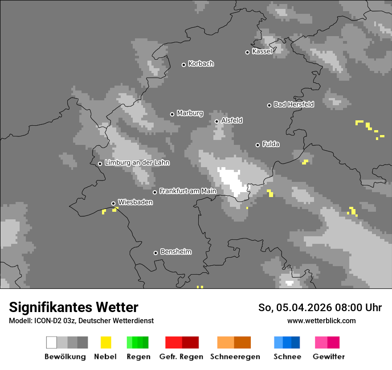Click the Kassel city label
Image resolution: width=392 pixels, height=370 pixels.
pos(262,51)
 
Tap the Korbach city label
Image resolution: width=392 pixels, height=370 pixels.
pos(201,64)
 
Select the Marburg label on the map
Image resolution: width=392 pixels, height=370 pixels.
pos(190,113)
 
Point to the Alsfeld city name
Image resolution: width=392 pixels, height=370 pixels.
pos(232,120)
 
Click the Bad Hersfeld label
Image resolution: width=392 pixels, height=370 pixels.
pos(294,104)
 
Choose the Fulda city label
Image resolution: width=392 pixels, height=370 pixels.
pos(271,144)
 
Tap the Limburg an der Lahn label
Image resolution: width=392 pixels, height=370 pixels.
pos(137,163)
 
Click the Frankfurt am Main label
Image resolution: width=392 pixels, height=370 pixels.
pos(188,191)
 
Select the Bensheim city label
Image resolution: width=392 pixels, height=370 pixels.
pos(176,252)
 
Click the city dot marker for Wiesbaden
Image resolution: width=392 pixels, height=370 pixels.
pos(113,203)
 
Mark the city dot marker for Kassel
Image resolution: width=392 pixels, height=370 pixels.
pos(248,52)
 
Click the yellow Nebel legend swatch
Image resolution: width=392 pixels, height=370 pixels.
pos(106,342)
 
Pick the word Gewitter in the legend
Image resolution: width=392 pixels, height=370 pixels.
pos(329,357)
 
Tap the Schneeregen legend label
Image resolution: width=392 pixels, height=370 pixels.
pos(235,357)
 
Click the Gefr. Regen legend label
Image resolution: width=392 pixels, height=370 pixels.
pos(181,357)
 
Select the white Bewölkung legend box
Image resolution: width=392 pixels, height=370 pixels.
pos(52,342)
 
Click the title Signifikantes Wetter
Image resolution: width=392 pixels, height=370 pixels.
pos(73,307)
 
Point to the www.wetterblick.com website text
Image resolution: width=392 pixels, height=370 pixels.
pos(321,321)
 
